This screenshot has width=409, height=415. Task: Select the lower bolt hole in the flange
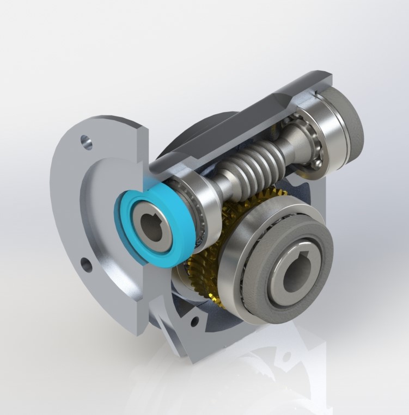[85, 265]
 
